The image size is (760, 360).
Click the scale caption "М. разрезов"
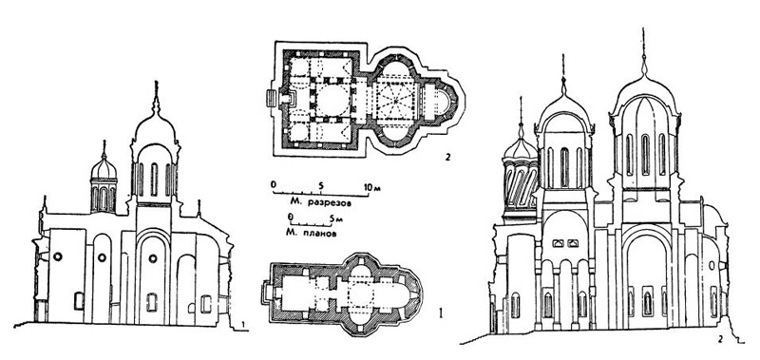tap(319, 202)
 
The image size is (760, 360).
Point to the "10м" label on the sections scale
tap(372, 186)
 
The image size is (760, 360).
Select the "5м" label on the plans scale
tap(333, 218)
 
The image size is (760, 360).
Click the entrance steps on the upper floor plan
tap(271, 99)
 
